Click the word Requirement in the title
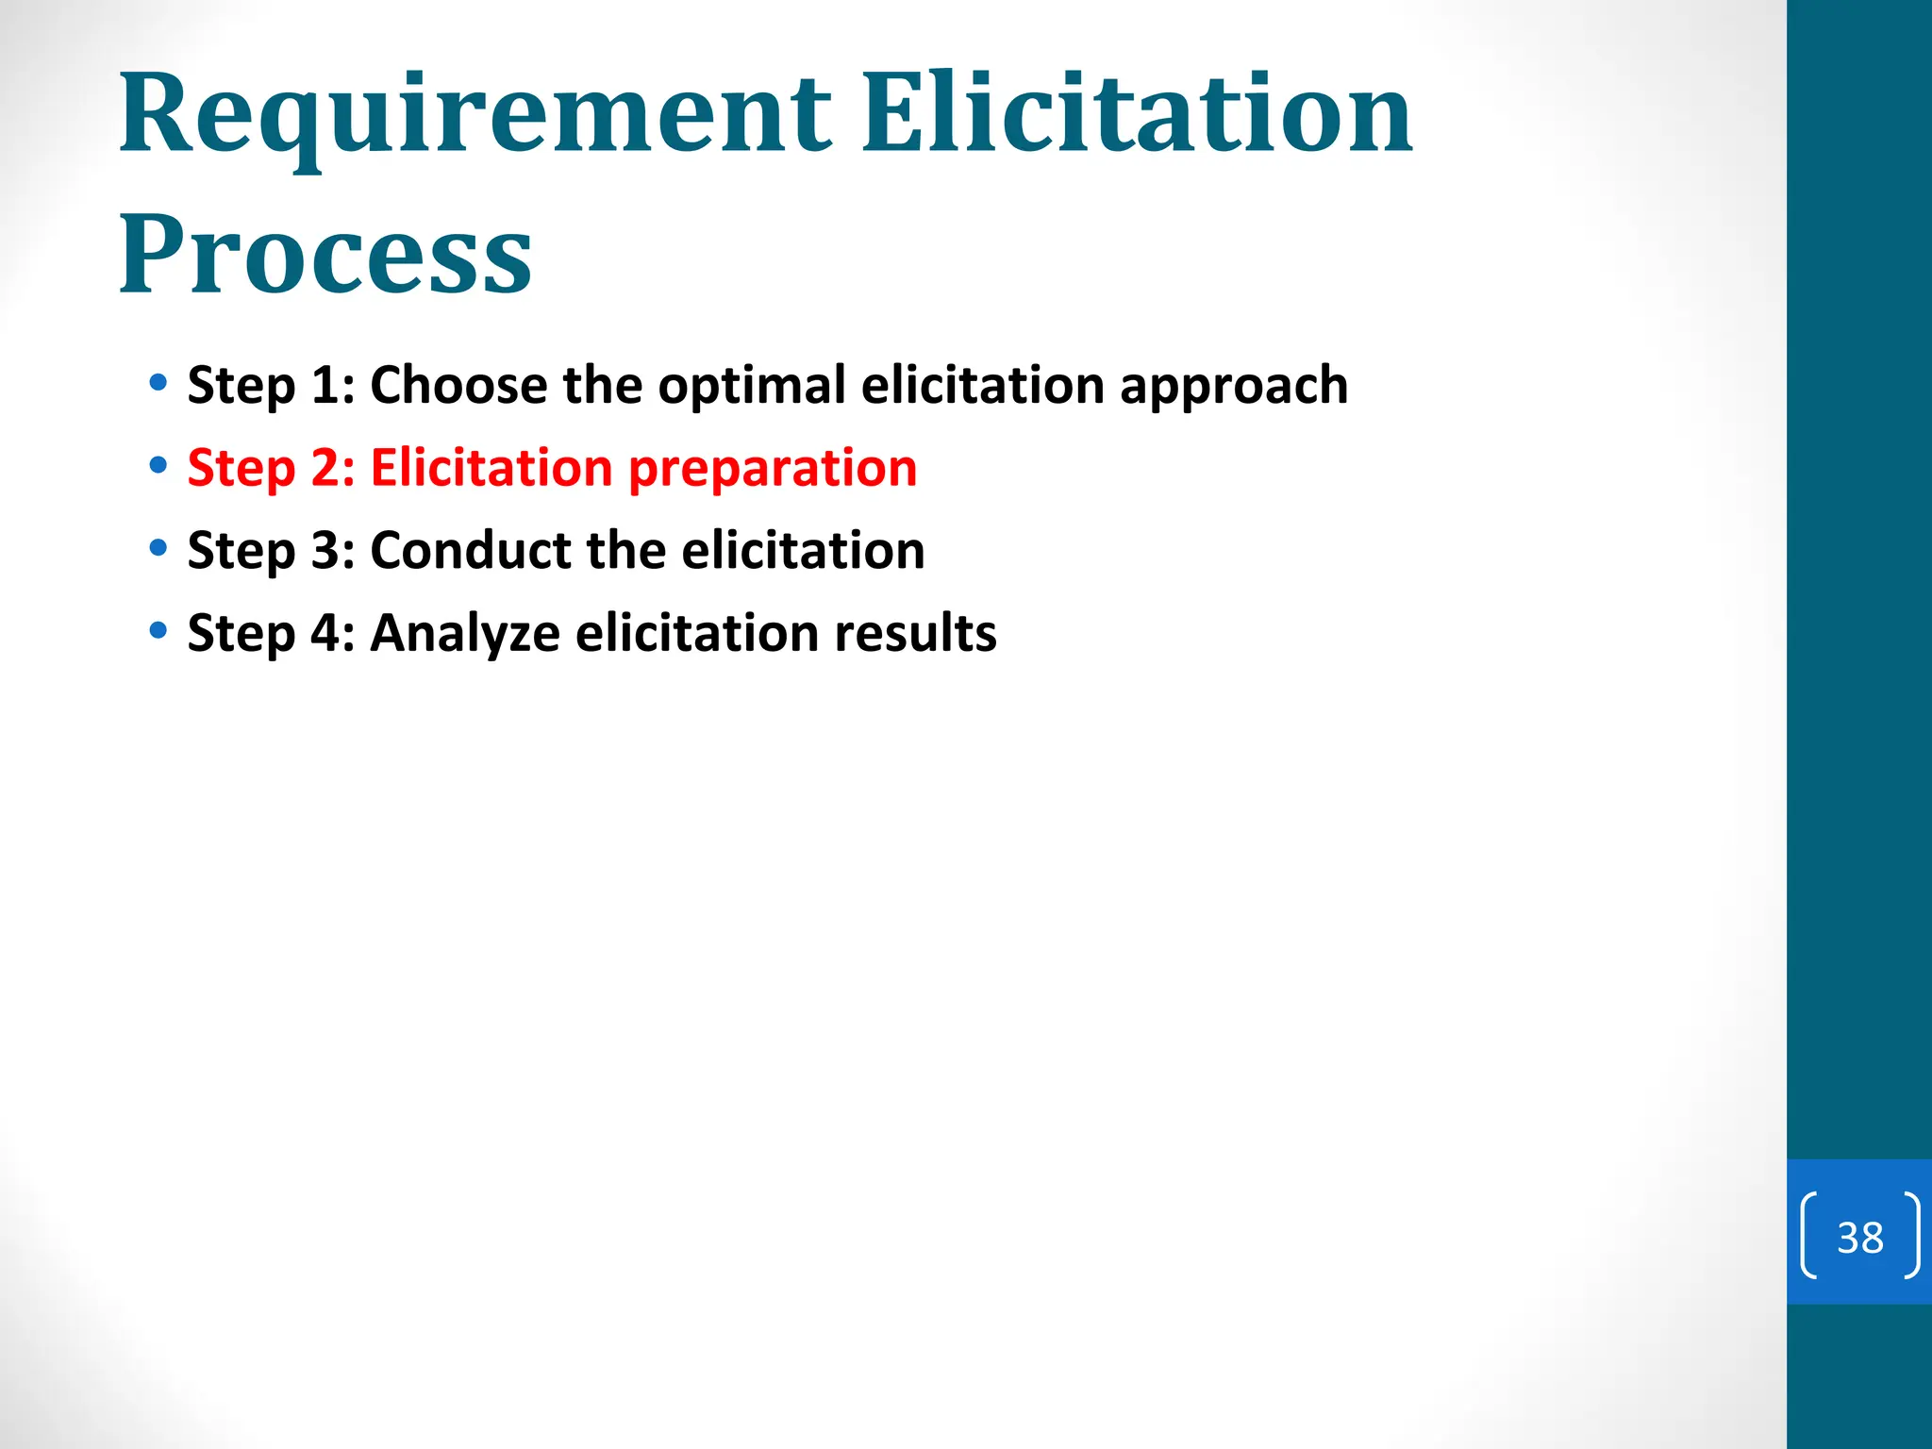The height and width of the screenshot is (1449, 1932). pyautogui.click(x=475, y=118)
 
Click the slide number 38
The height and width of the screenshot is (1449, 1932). pyautogui.click(x=1859, y=1238)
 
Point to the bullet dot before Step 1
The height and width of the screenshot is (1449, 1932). pyautogui.click(x=158, y=383)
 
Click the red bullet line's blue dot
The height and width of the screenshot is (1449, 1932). pyautogui.click(x=158, y=465)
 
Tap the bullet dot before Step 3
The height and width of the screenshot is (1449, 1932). pyautogui.click(x=158, y=548)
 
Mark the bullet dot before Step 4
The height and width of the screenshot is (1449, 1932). pyautogui.click(x=158, y=630)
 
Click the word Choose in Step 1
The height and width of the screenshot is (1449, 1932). pyautogui.click(x=458, y=385)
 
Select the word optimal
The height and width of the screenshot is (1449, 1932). pyautogui.click(x=752, y=387)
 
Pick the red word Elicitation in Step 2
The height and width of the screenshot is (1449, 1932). pyautogui.click(x=491, y=468)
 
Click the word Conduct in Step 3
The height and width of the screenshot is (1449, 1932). pyautogui.click(x=471, y=550)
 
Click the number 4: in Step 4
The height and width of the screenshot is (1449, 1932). pyautogui.click(x=332, y=633)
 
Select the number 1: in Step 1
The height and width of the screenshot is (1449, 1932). pyautogui.click(x=332, y=385)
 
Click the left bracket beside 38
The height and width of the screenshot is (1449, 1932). pyautogui.click(x=1808, y=1236)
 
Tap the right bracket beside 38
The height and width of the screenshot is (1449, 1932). pyautogui.click(x=1911, y=1236)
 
